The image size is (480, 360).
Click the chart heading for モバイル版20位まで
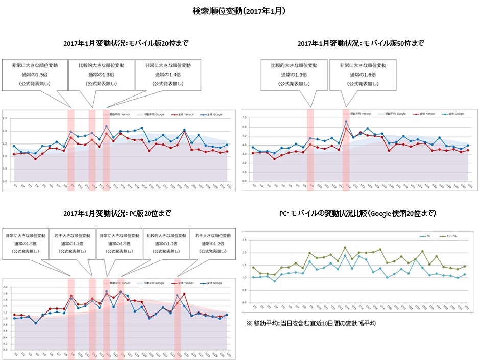[x=126, y=43]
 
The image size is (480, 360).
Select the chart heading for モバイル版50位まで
[x=361, y=43]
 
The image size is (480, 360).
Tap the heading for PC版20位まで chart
[x=117, y=212]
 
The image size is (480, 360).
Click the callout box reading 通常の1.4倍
[x=168, y=74]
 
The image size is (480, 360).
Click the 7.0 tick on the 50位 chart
[x=244, y=118]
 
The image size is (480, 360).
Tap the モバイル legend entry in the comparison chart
[x=451, y=236]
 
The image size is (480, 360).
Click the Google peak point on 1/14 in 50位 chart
[x=346, y=122]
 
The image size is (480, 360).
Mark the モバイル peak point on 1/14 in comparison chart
[x=345, y=248]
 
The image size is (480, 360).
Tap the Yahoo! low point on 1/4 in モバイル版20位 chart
[x=35, y=159]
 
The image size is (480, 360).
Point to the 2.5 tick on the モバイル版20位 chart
[x=5, y=118]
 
